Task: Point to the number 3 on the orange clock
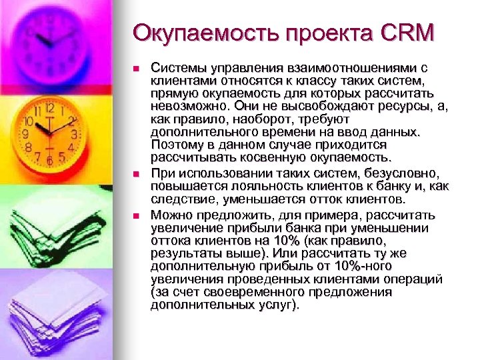(x=75, y=133)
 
